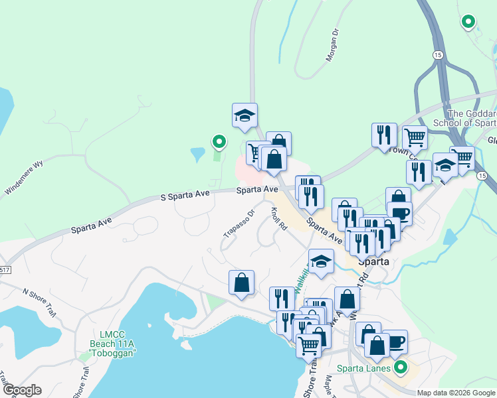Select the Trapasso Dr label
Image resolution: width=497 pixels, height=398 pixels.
pos(239,223)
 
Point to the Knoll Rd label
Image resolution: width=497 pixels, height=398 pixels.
pos(278,218)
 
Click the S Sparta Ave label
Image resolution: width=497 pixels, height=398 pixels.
pos(185,194)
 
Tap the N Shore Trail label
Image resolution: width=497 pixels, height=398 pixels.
pos(39,300)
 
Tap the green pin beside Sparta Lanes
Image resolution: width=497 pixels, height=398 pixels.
pos(400,366)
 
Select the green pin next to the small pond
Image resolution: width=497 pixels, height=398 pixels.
pos(219,141)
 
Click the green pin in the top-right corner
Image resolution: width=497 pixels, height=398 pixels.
pos(468,21)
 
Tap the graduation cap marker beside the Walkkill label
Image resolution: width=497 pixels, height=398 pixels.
pos(321,260)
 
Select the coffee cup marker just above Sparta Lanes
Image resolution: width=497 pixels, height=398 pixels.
pos(395,341)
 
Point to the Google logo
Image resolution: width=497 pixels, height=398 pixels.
pos(21,390)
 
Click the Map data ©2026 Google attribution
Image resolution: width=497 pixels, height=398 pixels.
pos(456,393)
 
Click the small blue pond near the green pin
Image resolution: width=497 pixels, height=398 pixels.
pos(197,155)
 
